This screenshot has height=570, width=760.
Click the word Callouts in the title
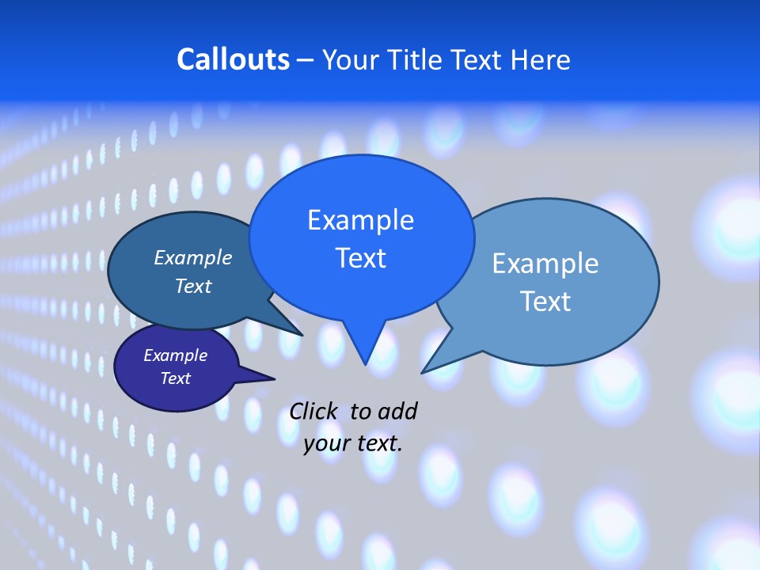(x=233, y=59)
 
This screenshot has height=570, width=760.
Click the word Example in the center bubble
(x=360, y=220)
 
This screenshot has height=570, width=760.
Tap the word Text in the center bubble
(x=360, y=258)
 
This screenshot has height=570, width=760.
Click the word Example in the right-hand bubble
(x=545, y=264)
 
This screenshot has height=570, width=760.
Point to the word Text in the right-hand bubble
(x=545, y=302)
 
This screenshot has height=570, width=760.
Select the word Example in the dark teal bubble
(x=193, y=257)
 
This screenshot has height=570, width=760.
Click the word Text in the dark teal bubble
(x=193, y=286)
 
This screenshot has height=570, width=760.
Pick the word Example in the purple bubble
(x=175, y=355)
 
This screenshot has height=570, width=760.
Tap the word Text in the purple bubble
(x=175, y=378)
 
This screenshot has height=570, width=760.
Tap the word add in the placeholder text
(x=397, y=411)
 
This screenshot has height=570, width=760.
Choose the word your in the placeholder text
(x=326, y=443)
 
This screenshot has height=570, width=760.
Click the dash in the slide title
(x=306, y=60)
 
